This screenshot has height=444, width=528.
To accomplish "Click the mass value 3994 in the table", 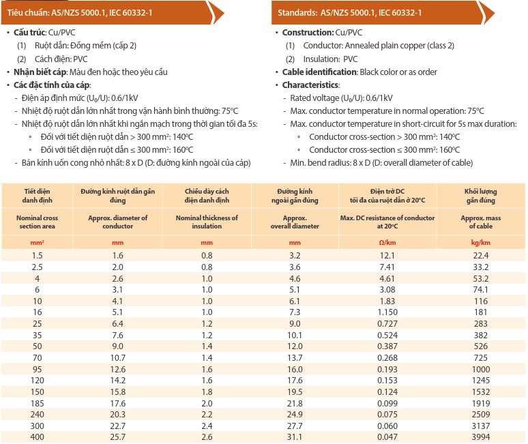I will (480, 436).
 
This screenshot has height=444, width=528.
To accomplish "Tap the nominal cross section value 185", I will (38, 403).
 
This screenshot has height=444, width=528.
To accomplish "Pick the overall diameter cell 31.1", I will (295, 436).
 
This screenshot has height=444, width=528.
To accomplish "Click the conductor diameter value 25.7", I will (118, 436).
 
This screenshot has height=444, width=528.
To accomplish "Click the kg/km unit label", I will (480, 242).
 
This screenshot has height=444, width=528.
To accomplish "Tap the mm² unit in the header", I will (38, 242).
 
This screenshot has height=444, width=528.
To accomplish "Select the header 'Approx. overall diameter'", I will (295, 222).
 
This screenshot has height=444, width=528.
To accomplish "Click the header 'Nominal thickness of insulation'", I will (207, 222).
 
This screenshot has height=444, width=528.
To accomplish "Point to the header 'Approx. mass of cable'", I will (480, 222).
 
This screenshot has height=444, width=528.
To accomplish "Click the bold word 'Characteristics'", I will (310, 85).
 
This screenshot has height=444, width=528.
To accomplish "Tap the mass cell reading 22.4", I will (480, 255).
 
